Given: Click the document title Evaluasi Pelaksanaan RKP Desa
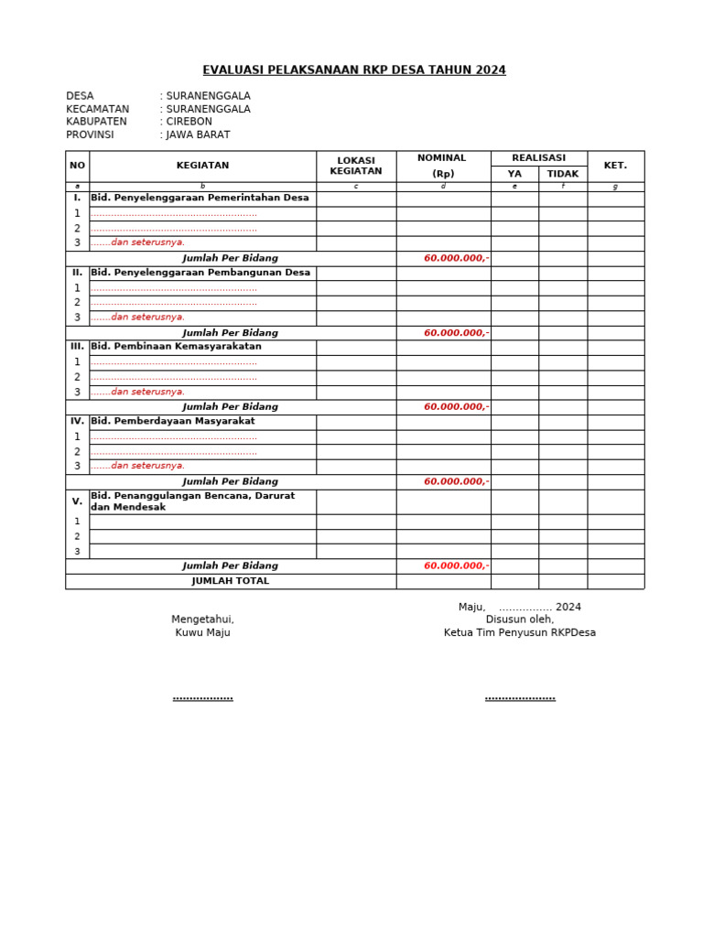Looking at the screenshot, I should (x=353, y=70).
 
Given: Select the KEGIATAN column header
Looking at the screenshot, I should (x=202, y=166).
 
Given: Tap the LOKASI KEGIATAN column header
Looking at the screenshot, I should (x=355, y=166).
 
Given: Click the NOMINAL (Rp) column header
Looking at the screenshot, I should (x=443, y=166).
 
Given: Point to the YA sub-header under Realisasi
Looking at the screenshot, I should (x=514, y=174).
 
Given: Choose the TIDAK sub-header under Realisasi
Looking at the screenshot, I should (x=562, y=174).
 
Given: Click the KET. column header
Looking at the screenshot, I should (x=615, y=166).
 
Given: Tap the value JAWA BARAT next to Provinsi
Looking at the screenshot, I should (x=198, y=135).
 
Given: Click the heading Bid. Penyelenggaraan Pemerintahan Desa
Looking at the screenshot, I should (x=200, y=198).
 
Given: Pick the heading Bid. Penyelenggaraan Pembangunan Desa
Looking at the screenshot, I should (x=200, y=273).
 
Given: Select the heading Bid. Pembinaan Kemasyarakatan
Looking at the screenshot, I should (x=176, y=347).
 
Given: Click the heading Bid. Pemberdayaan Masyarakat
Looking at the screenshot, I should (x=172, y=422).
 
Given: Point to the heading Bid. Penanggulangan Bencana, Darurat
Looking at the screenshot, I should (x=192, y=496).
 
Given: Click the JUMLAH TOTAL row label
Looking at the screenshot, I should (x=230, y=581).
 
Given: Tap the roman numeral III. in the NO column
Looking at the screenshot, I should (x=77, y=347).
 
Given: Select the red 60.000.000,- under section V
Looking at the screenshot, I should (x=456, y=566).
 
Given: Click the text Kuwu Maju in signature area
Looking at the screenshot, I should (x=202, y=632).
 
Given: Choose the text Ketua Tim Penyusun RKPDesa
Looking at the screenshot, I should (x=519, y=632).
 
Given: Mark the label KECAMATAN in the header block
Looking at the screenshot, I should (x=97, y=109).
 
